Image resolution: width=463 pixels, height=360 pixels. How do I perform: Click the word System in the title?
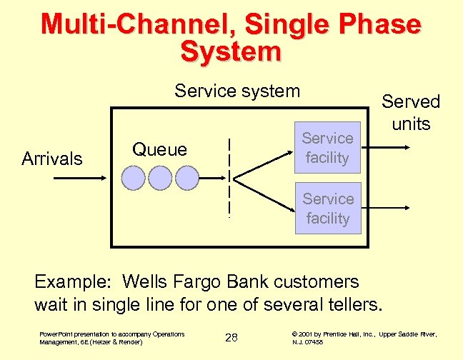(x=231, y=51)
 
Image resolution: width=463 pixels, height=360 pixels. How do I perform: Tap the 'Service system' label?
(x=237, y=91)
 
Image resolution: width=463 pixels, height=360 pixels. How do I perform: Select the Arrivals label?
(x=52, y=159)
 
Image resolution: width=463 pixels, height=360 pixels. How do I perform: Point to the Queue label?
(x=159, y=149)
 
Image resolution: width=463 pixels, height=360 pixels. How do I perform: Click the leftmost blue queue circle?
(x=134, y=176)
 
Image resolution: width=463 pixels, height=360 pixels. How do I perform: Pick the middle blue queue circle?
(x=160, y=176)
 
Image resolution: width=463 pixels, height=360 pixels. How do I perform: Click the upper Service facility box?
(x=327, y=147)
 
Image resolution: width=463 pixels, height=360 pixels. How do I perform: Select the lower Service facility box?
(x=328, y=209)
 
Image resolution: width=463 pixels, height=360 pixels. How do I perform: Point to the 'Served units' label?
(x=411, y=112)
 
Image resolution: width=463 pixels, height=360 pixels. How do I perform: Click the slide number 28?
(x=231, y=337)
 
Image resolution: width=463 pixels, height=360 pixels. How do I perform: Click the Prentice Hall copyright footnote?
(x=364, y=338)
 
